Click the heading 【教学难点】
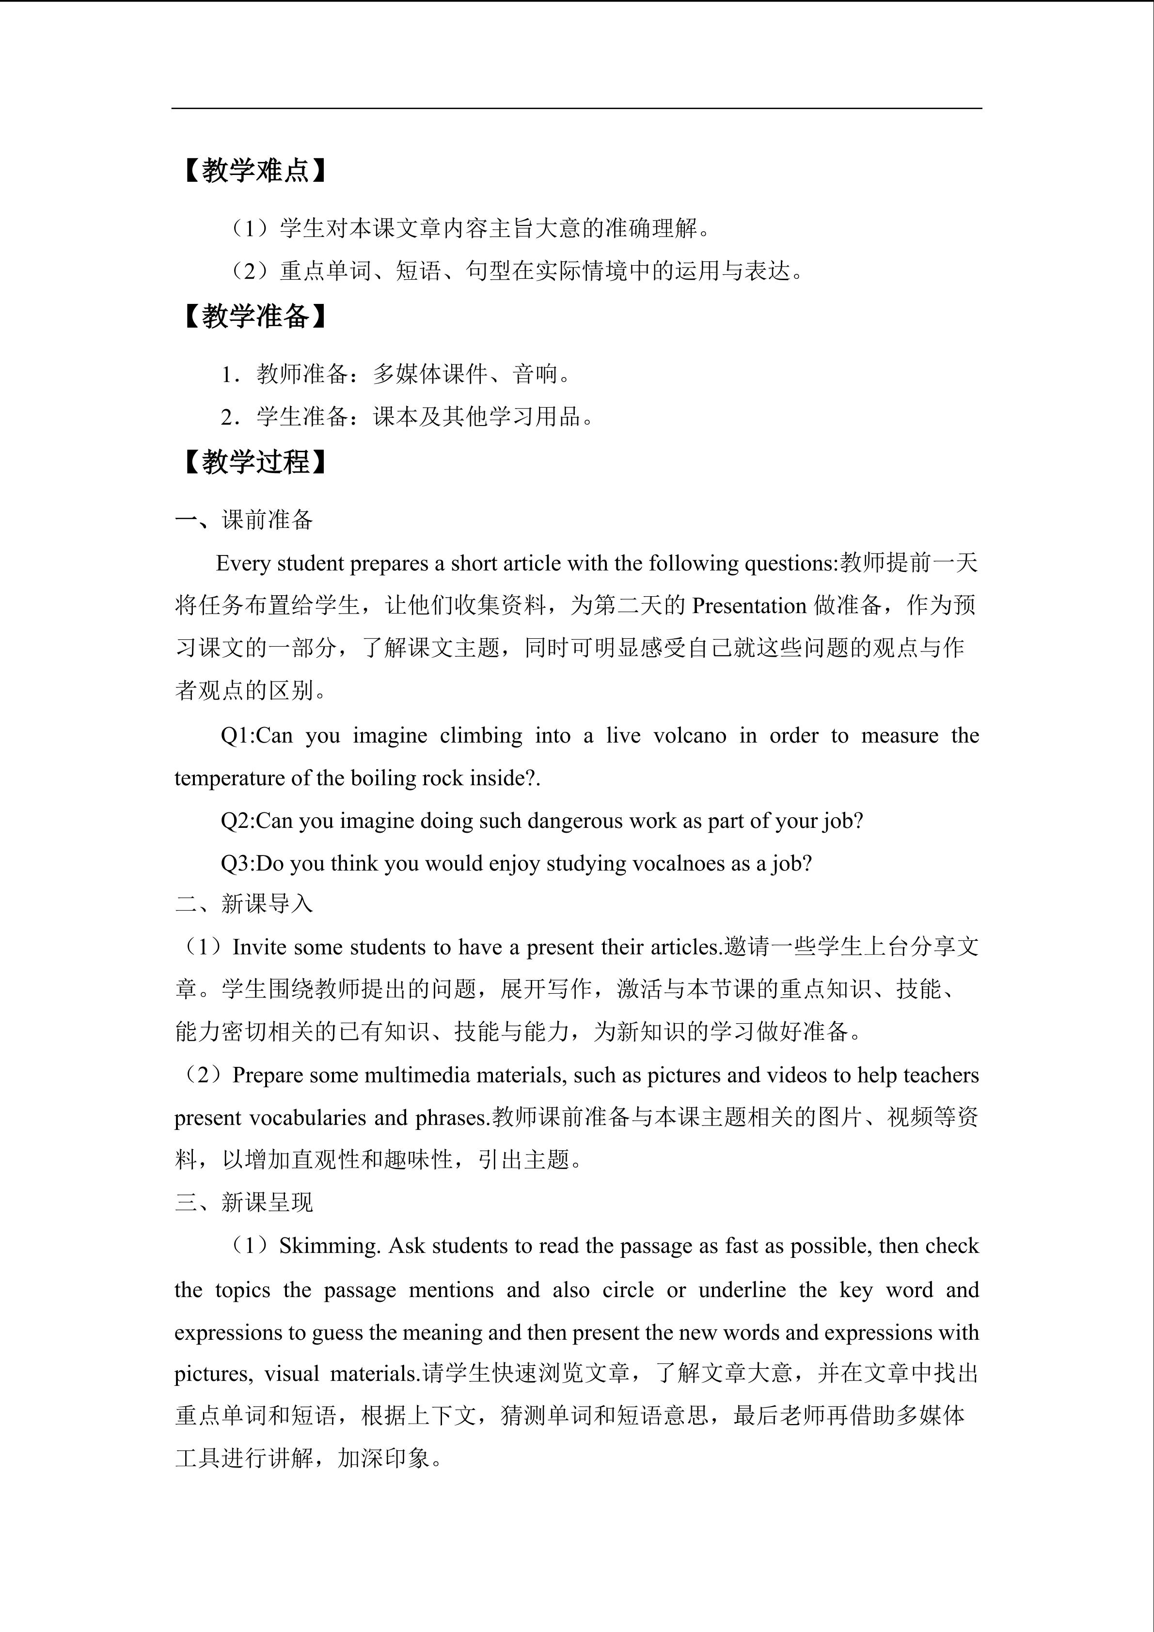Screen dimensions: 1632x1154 click(x=255, y=171)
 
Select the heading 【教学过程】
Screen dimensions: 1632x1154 click(x=255, y=462)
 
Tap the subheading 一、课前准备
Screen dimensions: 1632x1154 click(x=244, y=520)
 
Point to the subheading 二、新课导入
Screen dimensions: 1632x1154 click(x=244, y=903)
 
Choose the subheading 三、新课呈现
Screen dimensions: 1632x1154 click(x=244, y=1202)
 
